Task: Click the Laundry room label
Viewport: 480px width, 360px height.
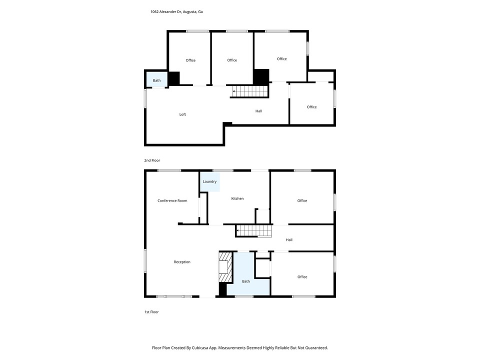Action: click(x=209, y=181)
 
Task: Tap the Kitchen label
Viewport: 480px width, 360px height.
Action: click(x=237, y=198)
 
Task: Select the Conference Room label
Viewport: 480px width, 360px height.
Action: click(x=172, y=201)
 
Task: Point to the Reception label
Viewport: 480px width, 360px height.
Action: click(x=182, y=262)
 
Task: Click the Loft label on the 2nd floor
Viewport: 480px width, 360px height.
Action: click(x=182, y=114)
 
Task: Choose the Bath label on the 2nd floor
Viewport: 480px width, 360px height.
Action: click(x=156, y=80)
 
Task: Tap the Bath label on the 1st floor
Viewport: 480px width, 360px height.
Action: click(x=246, y=281)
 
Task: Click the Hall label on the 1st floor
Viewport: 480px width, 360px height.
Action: click(x=289, y=240)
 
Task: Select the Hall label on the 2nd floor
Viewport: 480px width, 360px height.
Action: click(x=258, y=111)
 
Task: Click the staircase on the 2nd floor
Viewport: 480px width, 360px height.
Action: click(x=249, y=91)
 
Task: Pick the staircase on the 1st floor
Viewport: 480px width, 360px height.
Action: click(x=254, y=231)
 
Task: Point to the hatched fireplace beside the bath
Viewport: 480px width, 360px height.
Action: click(x=226, y=266)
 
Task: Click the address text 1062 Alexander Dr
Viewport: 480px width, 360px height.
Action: click(x=166, y=12)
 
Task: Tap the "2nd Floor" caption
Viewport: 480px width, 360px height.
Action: click(x=152, y=160)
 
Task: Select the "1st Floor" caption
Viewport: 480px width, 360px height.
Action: click(x=151, y=312)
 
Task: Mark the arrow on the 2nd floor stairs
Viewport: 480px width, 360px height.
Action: click(x=234, y=91)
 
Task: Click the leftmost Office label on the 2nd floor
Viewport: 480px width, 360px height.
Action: click(x=190, y=60)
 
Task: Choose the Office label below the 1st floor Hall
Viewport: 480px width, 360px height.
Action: click(x=302, y=277)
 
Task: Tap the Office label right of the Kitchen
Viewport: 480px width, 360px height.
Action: click(x=302, y=201)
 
